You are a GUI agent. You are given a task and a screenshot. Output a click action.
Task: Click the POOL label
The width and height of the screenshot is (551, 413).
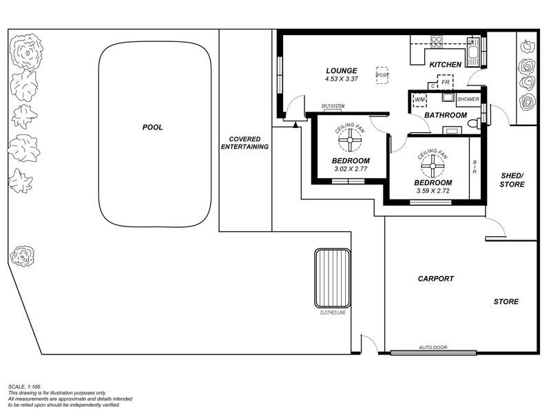pos(152,127)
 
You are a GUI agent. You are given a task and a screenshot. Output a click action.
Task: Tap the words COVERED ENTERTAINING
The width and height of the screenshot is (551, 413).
pos(245,142)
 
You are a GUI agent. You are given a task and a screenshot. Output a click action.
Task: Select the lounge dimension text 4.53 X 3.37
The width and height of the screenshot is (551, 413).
pos(342,79)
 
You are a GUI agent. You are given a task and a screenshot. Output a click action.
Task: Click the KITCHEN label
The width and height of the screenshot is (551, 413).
pos(445,65)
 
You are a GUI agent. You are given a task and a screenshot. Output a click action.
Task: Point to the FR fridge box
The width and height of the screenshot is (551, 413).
pos(446,83)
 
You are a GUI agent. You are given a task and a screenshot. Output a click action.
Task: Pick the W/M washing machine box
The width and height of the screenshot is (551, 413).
pos(419,100)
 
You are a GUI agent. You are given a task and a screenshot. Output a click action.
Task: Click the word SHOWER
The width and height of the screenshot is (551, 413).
pos(468,99)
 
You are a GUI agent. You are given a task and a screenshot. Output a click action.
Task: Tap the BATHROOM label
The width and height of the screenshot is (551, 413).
pos(445,115)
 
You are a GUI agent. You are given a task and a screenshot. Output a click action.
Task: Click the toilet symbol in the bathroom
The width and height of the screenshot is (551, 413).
pos(474,124)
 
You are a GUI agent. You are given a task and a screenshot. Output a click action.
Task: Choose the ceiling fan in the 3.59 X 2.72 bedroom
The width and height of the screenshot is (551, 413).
pos(433,165)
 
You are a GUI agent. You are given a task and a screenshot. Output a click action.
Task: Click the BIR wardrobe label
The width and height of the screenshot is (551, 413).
pos(475,167)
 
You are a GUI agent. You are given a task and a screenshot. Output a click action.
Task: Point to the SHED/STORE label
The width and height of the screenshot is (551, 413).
pos(512,180)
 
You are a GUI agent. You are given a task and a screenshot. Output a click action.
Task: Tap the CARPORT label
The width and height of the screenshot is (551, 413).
pos(435,279)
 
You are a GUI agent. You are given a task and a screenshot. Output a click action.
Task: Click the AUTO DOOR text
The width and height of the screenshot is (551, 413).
pos(433,348)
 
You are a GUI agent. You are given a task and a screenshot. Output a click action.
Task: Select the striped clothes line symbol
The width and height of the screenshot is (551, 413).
pos(333,278)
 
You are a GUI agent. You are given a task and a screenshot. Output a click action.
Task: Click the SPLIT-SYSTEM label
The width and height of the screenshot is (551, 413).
pos(332,106)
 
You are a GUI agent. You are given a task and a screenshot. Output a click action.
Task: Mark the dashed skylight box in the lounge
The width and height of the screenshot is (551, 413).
pos(382,75)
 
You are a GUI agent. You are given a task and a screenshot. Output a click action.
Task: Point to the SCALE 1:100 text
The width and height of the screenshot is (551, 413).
pos(25,387)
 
